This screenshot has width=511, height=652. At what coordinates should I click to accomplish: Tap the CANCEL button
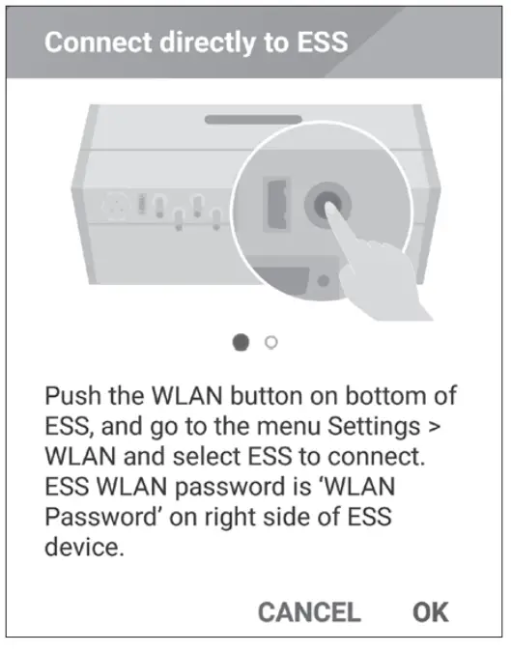[309, 611]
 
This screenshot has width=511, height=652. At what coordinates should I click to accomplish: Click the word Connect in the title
[97, 43]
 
